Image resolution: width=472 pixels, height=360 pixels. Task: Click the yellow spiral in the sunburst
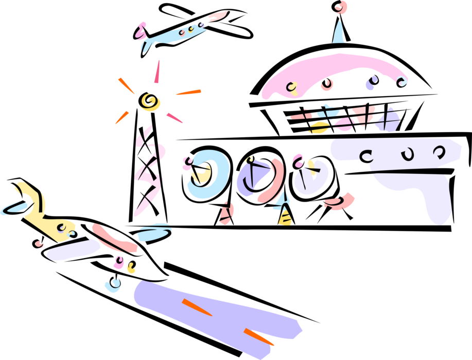pyautogui.click(x=149, y=101)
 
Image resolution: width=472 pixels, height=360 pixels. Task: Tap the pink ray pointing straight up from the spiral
pyautogui.click(x=156, y=72)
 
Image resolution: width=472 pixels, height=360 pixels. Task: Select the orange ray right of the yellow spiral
pyautogui.click(x=188, y=93)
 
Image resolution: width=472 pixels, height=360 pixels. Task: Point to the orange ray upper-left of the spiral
pyautogui.click(x=126, y=85)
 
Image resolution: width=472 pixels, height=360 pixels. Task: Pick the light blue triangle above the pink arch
pyautogui.click(x=338, y=33)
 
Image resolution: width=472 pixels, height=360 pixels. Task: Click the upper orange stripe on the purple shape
pyautogui.click(x=197, y=307)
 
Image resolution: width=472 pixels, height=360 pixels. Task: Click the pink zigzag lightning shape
pyautogui.click(x=149, y=170)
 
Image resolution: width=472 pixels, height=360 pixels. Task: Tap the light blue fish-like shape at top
pyautogui.click(x=172, y=35)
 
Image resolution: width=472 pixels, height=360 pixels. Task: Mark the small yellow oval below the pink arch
pyautogui.click(x=318, y=128)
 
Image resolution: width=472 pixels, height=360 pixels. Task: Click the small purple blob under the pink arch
pyautogui.click(x=371, y=84)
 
